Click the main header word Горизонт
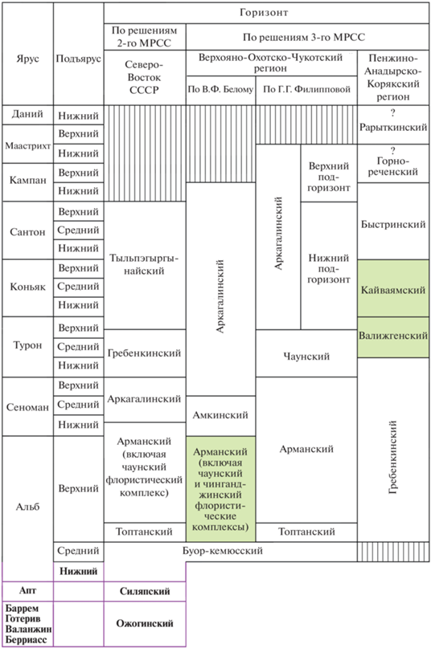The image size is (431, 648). tap(264, 13)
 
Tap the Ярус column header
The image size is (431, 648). tap(27, 59)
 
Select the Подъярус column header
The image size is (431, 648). tap(78, 59)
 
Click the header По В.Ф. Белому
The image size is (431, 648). tap(220, 89)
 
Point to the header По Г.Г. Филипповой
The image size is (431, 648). tap(307, 89)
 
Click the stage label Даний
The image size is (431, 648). tap(27, 114)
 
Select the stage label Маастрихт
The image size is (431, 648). tap(27, 146)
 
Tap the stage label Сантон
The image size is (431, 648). tap(27, 232)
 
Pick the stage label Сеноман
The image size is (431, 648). tap(27, 407)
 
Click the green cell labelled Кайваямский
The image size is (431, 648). tap(393, 289)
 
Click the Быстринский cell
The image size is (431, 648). tap(393, 225)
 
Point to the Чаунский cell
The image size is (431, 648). tap(306, 357)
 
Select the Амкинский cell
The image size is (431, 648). tap(220, 415)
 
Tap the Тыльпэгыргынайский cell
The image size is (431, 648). tap(144, 265)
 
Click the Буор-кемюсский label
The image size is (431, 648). tap(223, 551)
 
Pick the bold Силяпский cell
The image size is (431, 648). tap(145, 591)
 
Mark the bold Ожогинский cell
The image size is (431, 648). tap(145, 624)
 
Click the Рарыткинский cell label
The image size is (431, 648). tap(393, 128)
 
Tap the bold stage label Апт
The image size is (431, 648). tap(27, 590)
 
